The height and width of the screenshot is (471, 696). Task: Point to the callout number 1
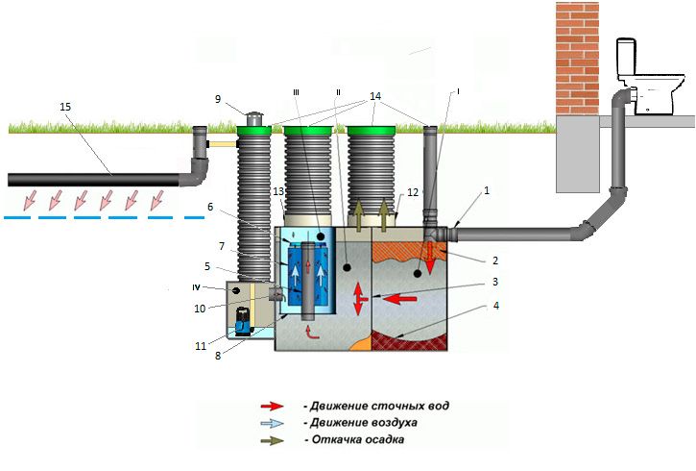[487, 191]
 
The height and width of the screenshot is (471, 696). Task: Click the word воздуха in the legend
[394, 423]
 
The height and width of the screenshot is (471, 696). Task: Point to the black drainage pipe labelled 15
[96, 179]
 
